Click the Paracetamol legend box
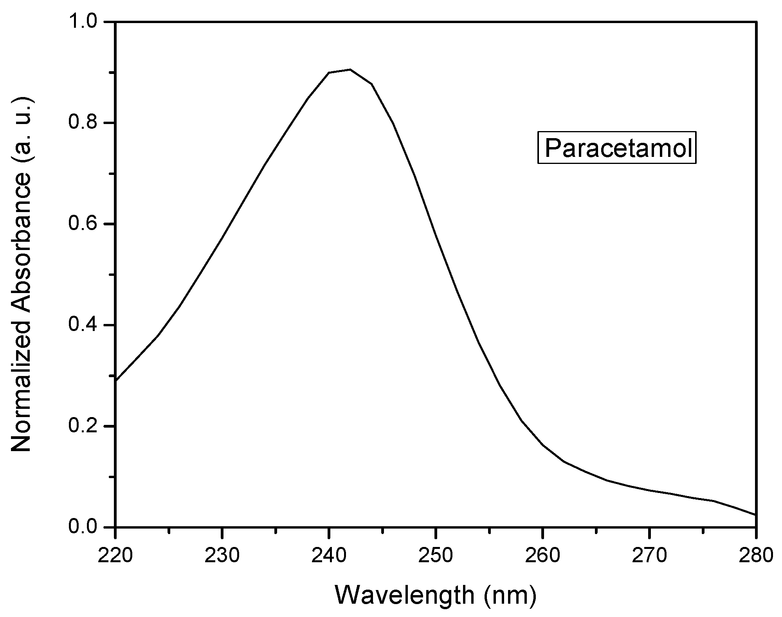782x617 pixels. click(616, 149)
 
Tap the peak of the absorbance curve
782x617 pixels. click(350, 70)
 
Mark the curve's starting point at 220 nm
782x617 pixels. click(116, 380)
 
